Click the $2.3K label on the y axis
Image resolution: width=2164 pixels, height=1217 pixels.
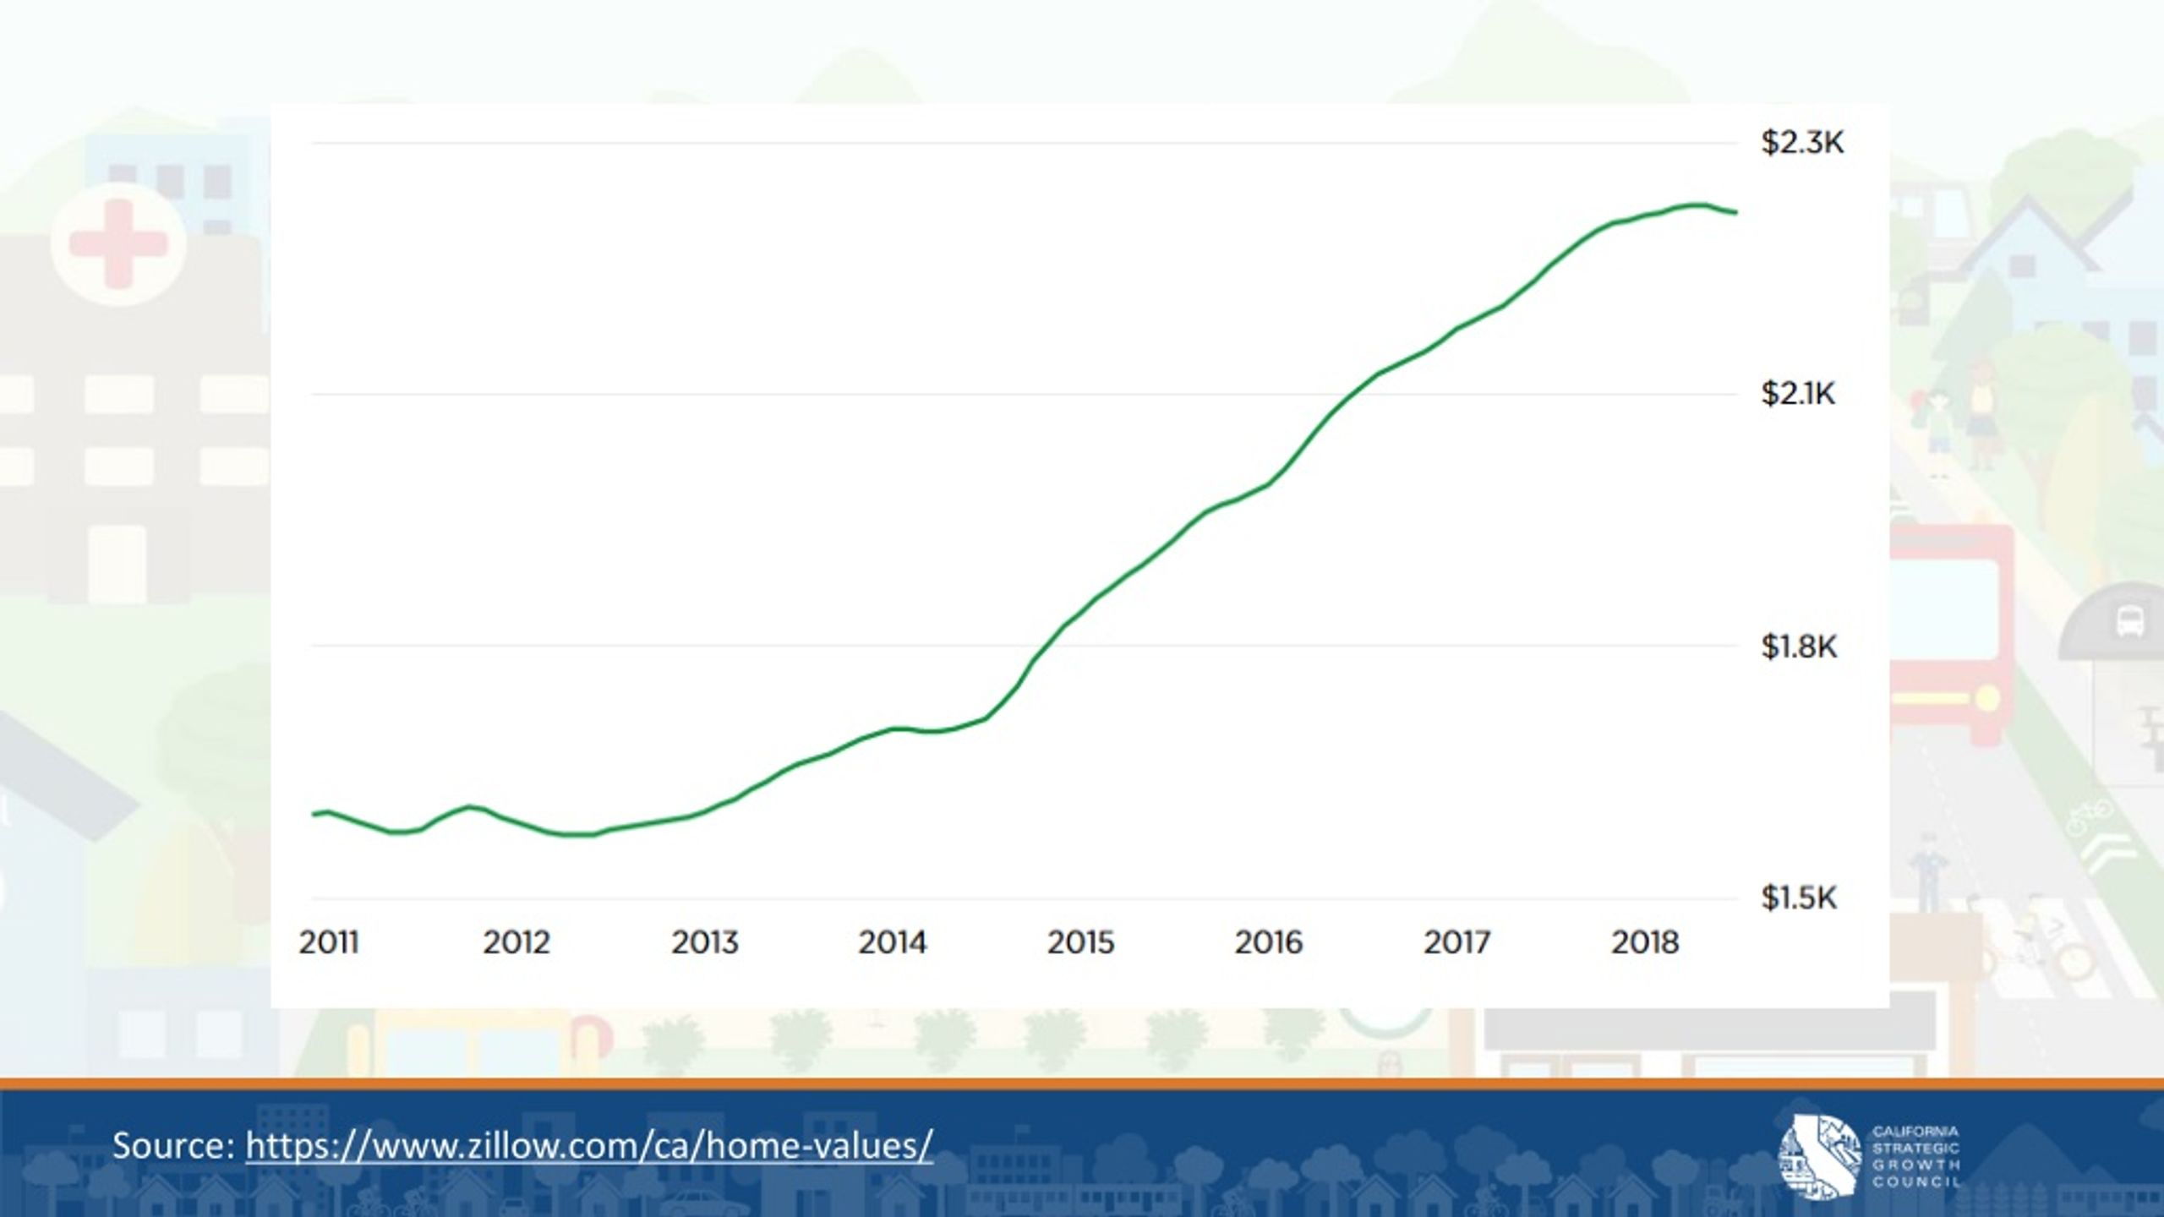1802,143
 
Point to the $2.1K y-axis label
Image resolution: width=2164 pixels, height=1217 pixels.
1798,394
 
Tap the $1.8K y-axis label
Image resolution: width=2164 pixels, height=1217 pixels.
1799,647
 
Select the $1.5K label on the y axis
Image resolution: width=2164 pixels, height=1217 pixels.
1799,898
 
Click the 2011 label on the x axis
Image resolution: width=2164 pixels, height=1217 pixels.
329,942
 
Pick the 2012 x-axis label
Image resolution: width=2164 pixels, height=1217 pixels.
516,942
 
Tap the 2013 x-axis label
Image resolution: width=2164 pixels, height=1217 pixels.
705,942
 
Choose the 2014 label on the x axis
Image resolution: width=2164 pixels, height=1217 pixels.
893,942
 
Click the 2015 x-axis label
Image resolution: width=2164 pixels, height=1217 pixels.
1081,942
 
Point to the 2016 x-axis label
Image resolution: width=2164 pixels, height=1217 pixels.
1269,942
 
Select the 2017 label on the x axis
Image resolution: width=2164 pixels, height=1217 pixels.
1457,942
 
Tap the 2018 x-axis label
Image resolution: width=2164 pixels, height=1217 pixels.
1645,942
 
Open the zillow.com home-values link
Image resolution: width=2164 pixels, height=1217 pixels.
589,1146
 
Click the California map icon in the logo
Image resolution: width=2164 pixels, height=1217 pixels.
1818,1156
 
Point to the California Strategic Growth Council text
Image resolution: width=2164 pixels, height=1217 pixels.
1915,1156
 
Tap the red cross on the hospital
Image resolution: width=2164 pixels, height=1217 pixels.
117,243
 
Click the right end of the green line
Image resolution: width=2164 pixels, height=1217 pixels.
1736,212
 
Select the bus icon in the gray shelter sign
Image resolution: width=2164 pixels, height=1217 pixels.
2129,623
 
